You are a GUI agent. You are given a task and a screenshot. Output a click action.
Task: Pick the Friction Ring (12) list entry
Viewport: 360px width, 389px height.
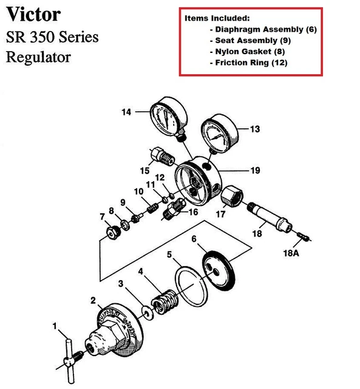pyautogui.click(x=250, y=63)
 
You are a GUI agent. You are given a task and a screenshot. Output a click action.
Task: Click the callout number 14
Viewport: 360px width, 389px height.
pyautogui.click(x=126, y=112)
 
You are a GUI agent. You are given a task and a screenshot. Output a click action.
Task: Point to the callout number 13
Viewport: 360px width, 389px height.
pyautogui.click(x=254, y=129)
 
